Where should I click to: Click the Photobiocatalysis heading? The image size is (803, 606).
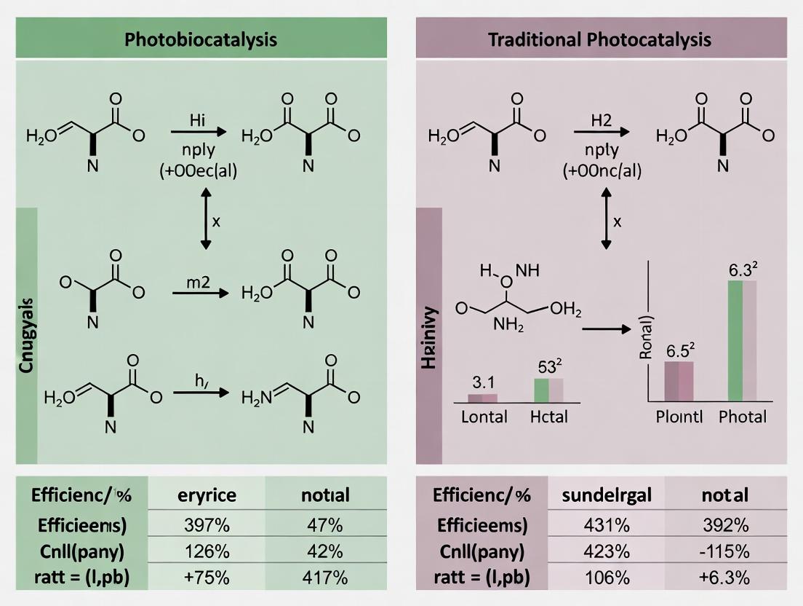coord(201,39)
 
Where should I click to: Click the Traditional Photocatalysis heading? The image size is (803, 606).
coord(599,39)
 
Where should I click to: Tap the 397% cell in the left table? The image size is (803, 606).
coord(207,524)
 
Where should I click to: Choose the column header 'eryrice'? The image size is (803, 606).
coord(207,496)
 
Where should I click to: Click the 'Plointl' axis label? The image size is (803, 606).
coord(679,417)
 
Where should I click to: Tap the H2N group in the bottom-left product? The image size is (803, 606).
coord(255,398)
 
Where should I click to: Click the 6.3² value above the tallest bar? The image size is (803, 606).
coord(744,269)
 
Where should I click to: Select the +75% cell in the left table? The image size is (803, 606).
coord(207,578)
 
